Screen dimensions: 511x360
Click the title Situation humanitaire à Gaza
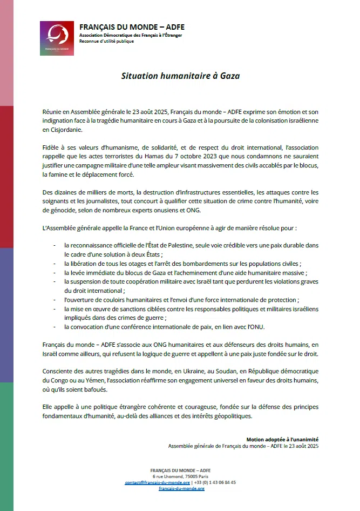click(180, 76)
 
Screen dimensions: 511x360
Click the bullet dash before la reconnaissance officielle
click(55, 245)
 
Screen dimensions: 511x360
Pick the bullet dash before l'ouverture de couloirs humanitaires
click(55, 299)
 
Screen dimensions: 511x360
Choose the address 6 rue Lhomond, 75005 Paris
click(180, 476)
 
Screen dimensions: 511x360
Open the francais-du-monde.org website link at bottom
click(181, 488)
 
